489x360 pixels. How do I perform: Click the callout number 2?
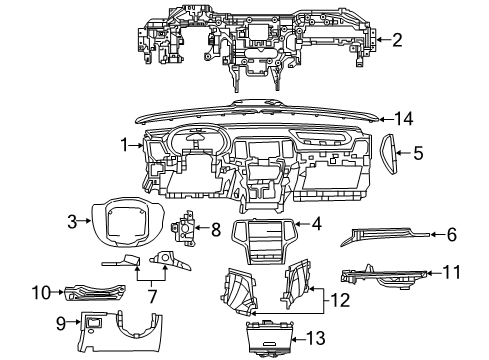(397, 40)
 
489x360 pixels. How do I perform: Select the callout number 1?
(125, 145)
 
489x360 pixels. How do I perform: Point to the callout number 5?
(419, 153)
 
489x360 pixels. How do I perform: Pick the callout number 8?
(215, 229)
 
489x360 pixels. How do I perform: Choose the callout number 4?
(316, 226)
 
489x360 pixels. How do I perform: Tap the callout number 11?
(451, 270)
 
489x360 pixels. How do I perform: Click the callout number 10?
(41, 292)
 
